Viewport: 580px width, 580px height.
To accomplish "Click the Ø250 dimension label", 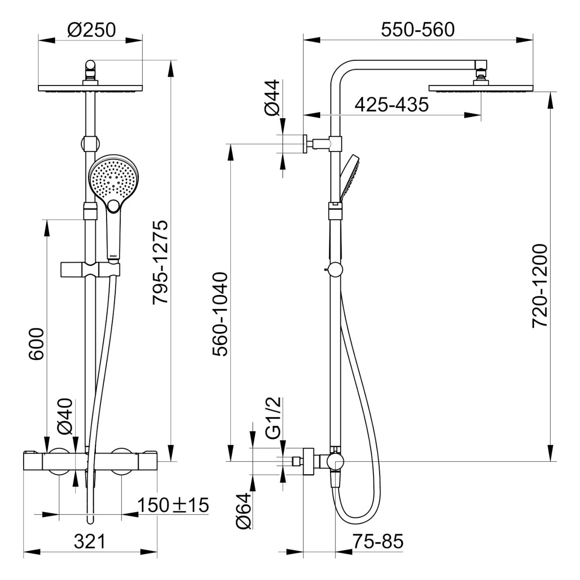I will (92, 30).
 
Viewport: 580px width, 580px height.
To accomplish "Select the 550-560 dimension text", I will (417, 30).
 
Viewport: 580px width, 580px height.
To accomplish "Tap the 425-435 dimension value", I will (392, 105).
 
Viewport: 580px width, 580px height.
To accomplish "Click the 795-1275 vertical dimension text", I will (160, 262).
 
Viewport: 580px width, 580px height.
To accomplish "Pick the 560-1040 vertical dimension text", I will (220, 314).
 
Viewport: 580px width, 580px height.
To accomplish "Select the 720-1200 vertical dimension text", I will (540, 286).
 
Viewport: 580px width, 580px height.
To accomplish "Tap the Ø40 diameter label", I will (65, 416).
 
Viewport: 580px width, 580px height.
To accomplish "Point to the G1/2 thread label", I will (273, 418).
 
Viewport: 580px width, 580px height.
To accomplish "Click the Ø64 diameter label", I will (243, 511).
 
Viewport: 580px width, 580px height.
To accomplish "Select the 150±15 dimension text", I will (173, 505).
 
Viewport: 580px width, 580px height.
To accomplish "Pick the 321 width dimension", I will (90, 541).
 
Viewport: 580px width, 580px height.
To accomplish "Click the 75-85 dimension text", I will (378, 541).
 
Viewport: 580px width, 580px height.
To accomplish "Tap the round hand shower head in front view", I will (114, 178).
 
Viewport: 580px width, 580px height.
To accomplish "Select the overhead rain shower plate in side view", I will (481, 88).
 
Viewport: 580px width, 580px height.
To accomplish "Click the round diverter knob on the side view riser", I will (335, 270).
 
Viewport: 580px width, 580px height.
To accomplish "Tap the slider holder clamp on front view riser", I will (90, 269).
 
